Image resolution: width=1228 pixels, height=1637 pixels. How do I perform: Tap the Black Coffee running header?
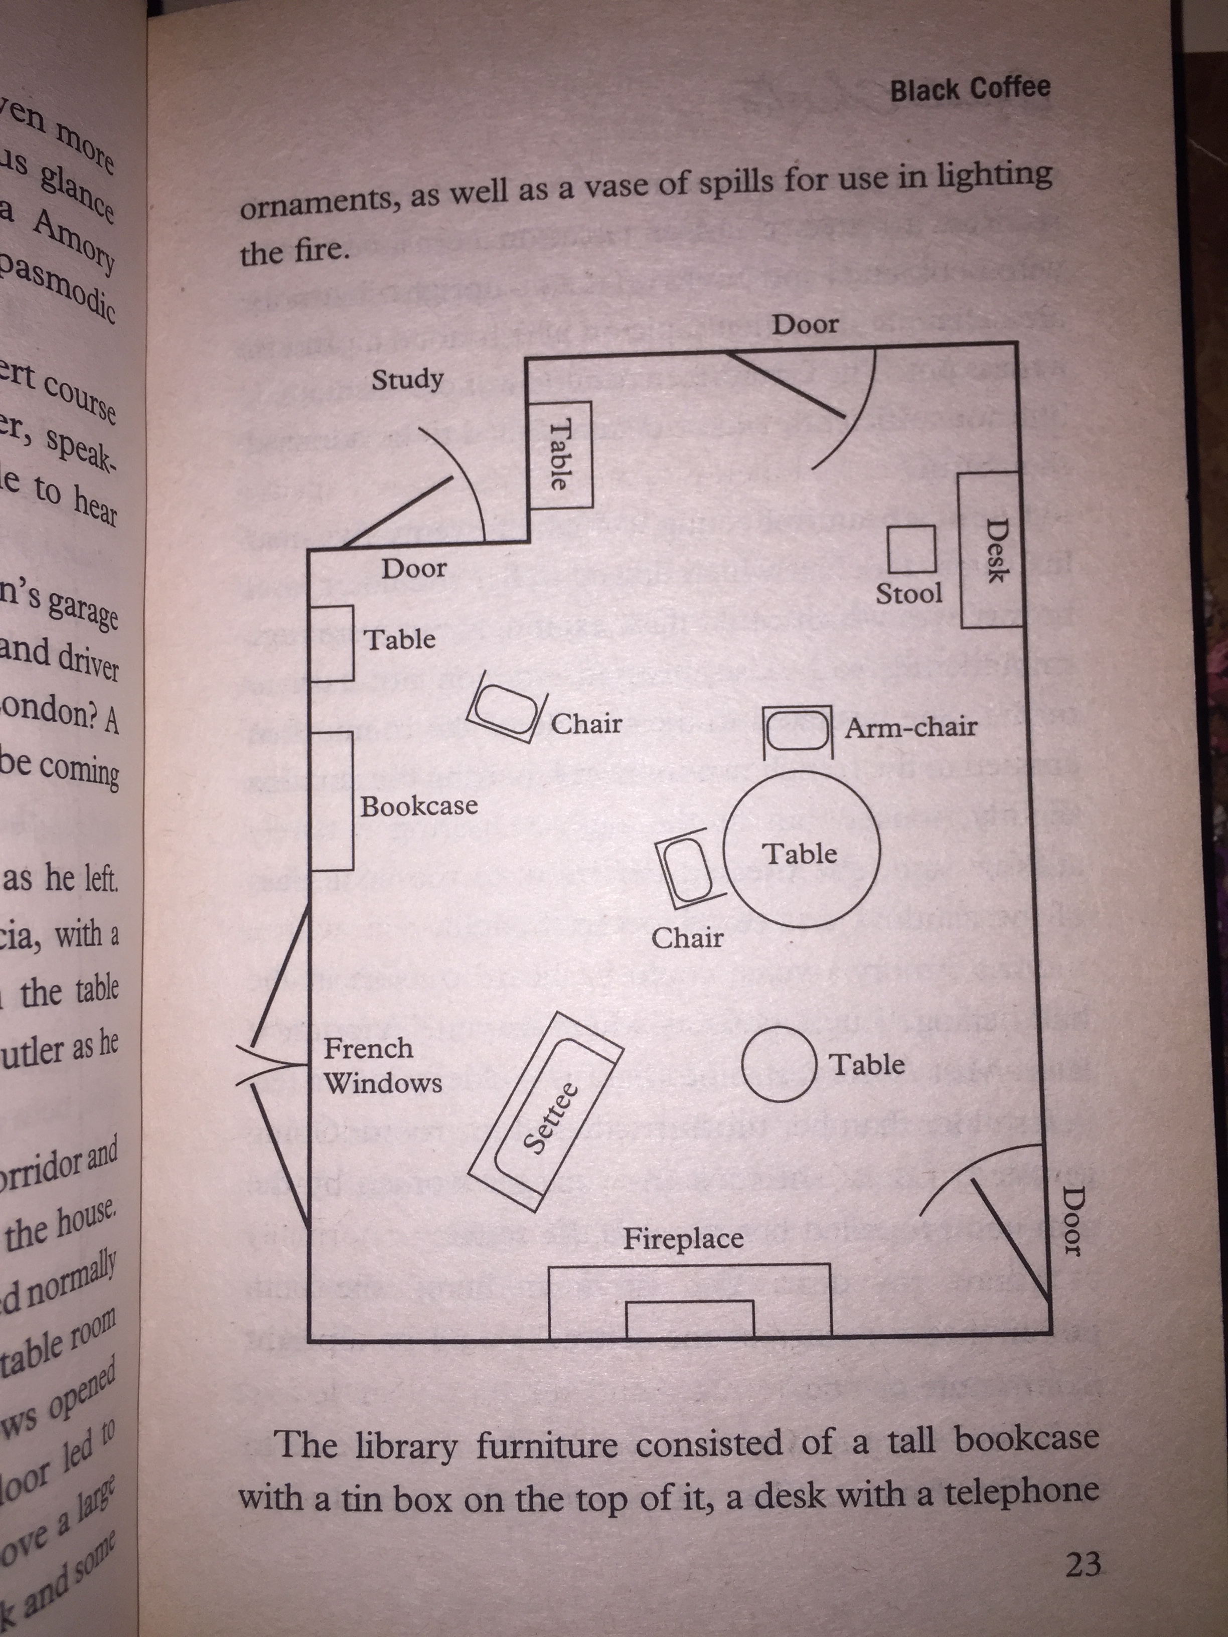(970, 90)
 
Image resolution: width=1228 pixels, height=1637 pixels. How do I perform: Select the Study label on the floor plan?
(407, 380)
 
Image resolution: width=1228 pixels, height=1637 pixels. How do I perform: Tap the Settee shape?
(546, 1111)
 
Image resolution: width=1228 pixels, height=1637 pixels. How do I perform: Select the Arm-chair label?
(911, 728)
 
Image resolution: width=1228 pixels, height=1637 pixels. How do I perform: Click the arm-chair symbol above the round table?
(797, 730)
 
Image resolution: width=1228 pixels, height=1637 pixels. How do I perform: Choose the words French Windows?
(382, 1066)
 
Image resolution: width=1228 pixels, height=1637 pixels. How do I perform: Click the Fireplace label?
(682, 1239)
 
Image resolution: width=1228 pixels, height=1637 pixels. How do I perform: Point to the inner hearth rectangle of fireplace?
(690, 1319)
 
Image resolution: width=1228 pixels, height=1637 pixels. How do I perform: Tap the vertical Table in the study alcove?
(560, 454)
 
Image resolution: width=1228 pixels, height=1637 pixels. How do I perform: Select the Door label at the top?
(805, 324)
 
